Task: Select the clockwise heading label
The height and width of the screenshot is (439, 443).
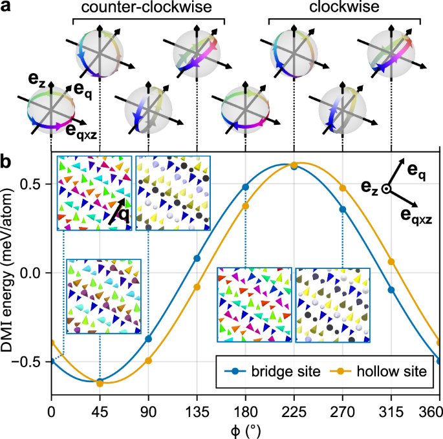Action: click(x=345, y=8)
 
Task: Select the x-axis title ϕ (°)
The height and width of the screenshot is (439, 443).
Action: click(x=246, y=427)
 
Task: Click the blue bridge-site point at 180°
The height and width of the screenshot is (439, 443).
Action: click(x=246, y=187)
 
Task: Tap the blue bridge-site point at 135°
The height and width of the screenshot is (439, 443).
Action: click(x=197, y=258)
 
